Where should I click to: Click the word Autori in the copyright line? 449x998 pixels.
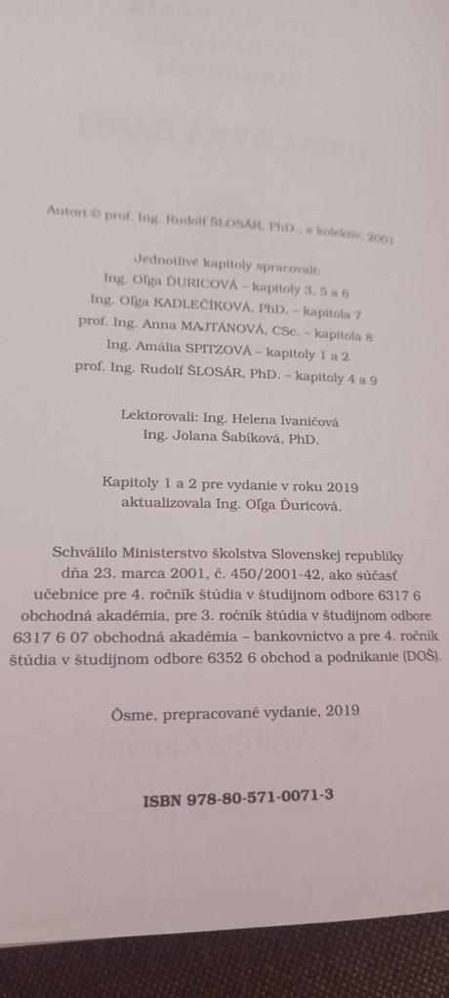pyautogui.click(x=62, y=208)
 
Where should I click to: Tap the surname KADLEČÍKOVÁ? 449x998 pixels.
pyautogui.click(x=183, y=302)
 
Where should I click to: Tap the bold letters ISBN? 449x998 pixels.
pyautogui.click(x=159, y=799)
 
